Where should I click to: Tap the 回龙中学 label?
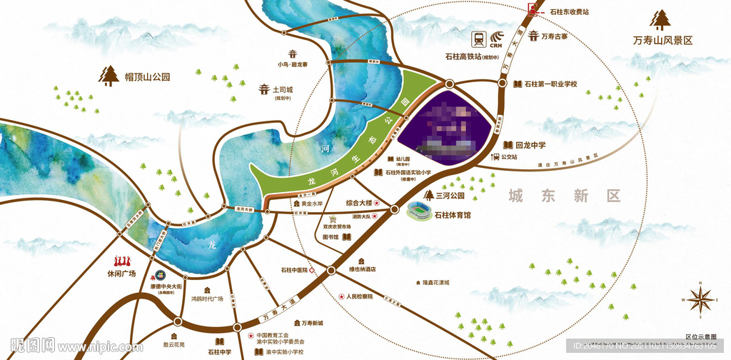click(x=530, y=145)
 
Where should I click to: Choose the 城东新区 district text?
click(x=563, y=196)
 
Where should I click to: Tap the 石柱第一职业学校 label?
click(x=550, y=84)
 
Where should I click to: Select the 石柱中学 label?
click(x=219, y=351)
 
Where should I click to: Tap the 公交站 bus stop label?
click(x=509, y=156)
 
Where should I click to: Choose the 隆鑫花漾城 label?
click(x=431, y=283)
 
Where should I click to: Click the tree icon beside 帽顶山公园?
click(x=109, y=75)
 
